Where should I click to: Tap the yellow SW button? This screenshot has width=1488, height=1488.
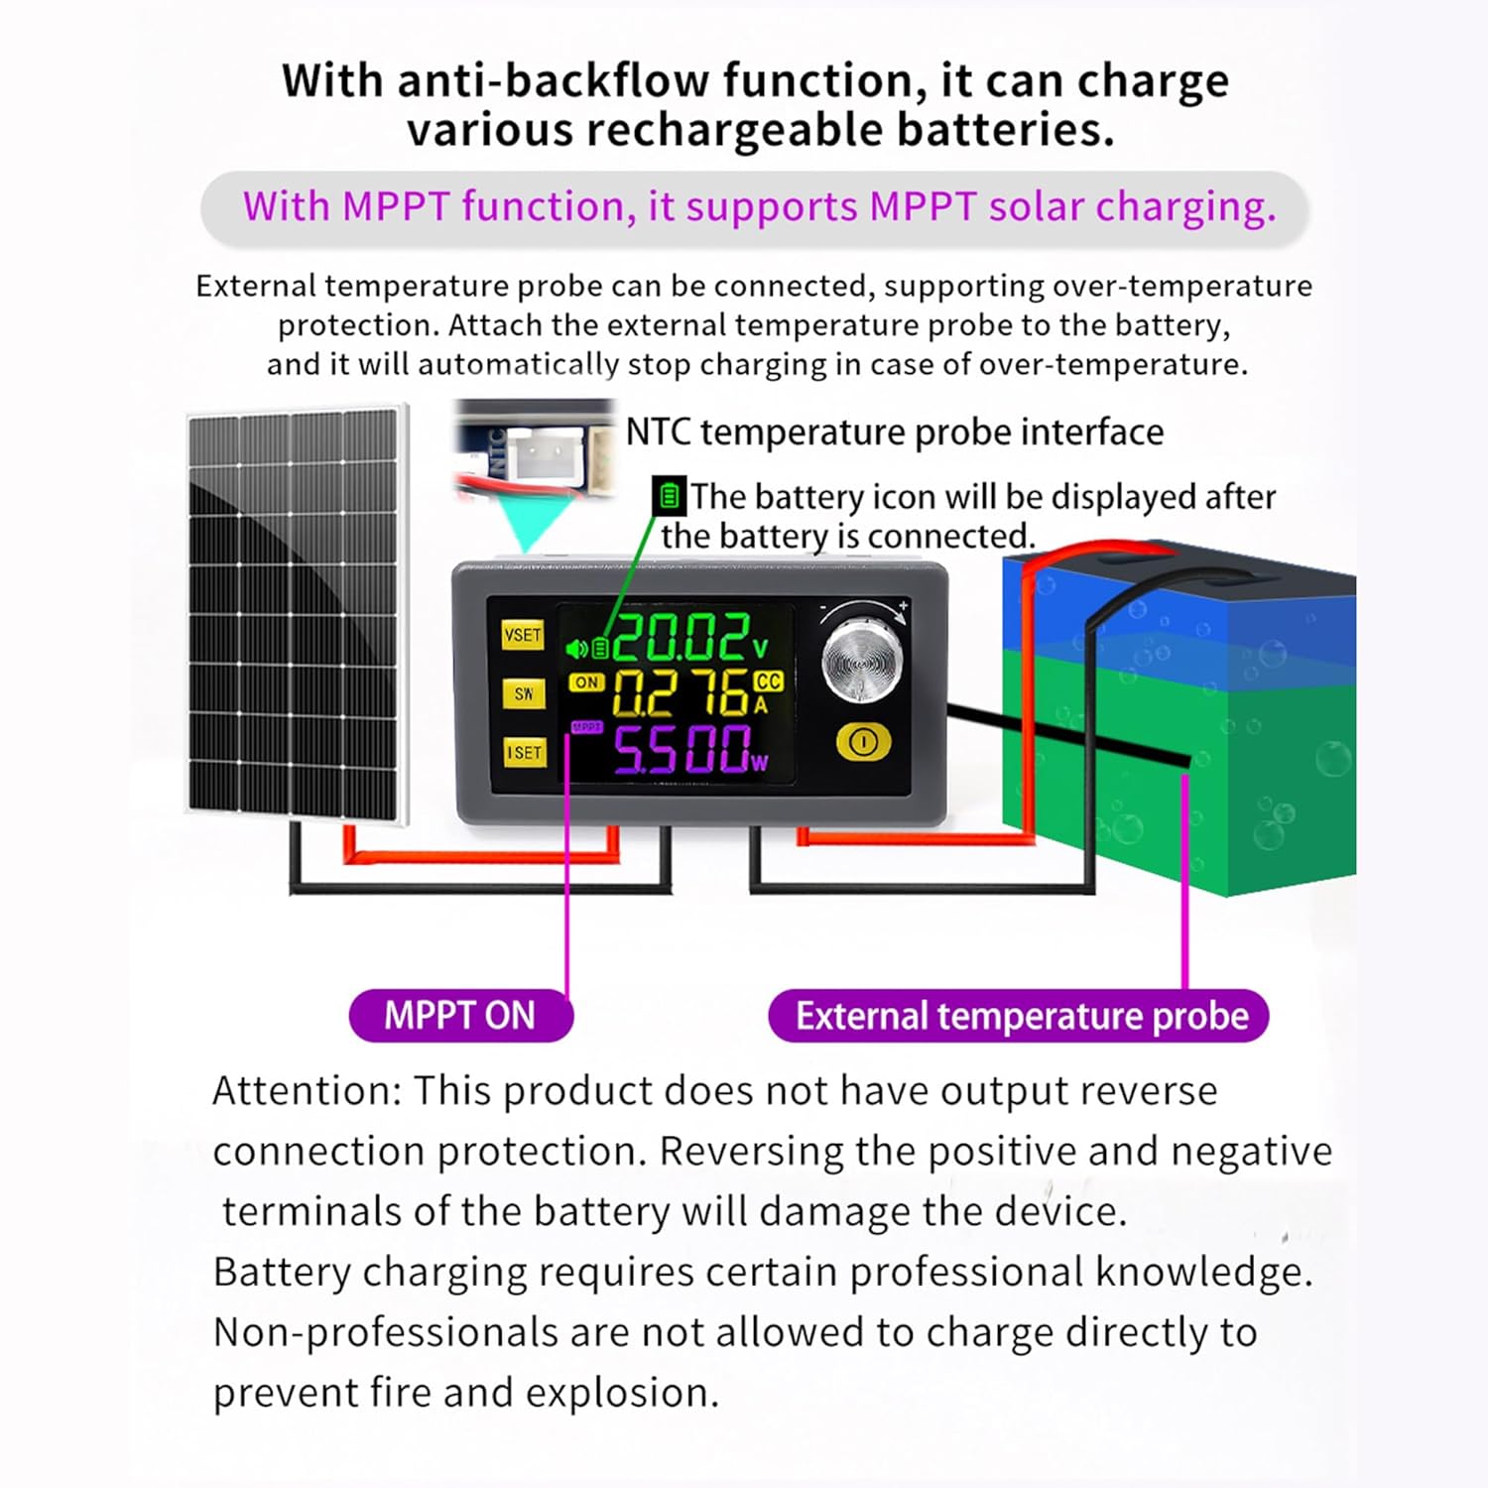tap(524, 693)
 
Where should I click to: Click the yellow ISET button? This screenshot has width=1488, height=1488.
tap(524, 752)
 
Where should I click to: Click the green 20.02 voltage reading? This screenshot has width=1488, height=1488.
tap(681, 638)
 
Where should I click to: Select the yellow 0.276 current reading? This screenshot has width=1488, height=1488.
tap(681, 692)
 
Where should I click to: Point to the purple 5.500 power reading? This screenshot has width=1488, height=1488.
tap(681, 750)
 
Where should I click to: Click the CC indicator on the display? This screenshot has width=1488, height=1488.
tap(768, 682)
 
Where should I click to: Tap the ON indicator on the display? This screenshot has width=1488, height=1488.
tap(586, 682)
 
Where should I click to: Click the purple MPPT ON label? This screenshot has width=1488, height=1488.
tap(460, 1015)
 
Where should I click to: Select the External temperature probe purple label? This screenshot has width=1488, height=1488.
tap(1019, 1016)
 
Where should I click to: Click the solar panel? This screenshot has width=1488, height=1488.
tap(296, 612)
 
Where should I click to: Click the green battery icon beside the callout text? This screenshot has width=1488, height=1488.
tap(669, 495)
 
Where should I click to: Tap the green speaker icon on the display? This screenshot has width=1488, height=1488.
tap(575, 650)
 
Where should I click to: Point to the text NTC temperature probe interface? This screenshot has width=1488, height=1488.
tap(894, 433)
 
